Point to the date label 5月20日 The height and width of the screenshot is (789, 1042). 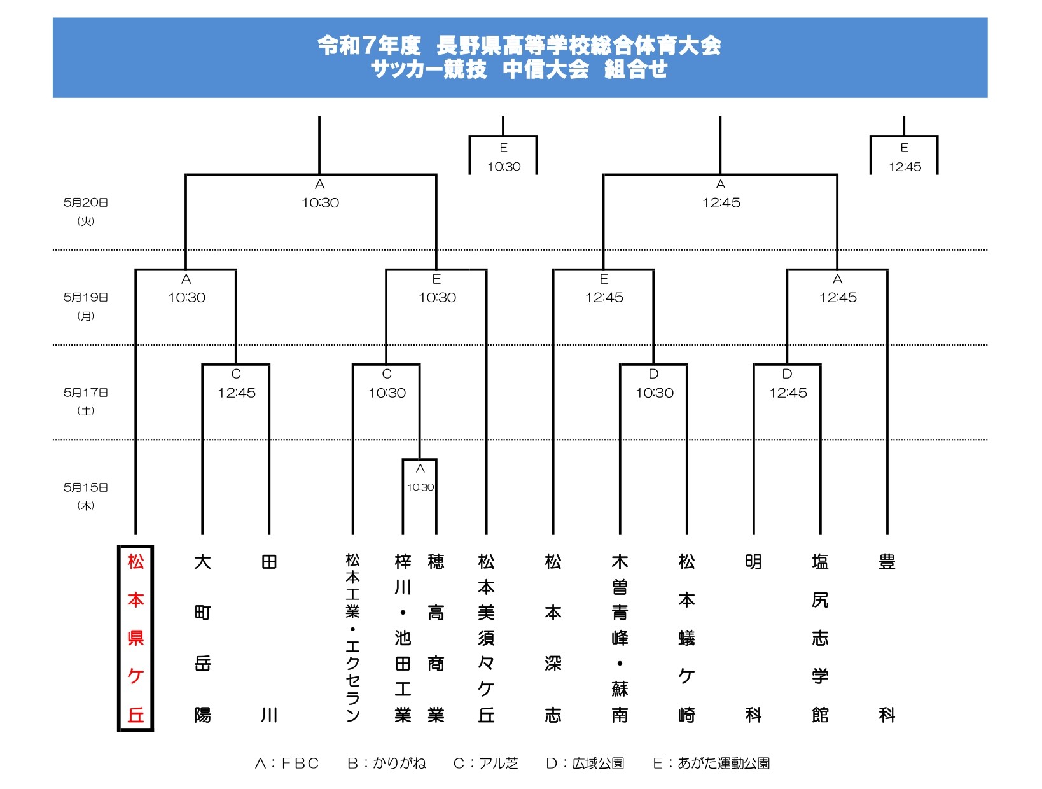[x=86, y=202]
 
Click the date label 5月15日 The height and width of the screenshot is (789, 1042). [x=86, y=487]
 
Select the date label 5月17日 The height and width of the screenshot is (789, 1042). [x=86, y=393]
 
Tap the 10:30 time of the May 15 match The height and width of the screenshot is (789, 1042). [x=420, y=487]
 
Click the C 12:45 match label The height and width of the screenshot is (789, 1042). [x=237, y=384]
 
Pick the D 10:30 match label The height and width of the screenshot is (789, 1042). [x=654, y=384]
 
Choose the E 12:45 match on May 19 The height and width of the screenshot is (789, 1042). [x=604, y=288]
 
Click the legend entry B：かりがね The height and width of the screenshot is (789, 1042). [x=387, y=763]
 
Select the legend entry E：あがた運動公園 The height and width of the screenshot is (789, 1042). [x=711, y=763]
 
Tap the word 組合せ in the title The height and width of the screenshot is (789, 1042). [x=636, y=69]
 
